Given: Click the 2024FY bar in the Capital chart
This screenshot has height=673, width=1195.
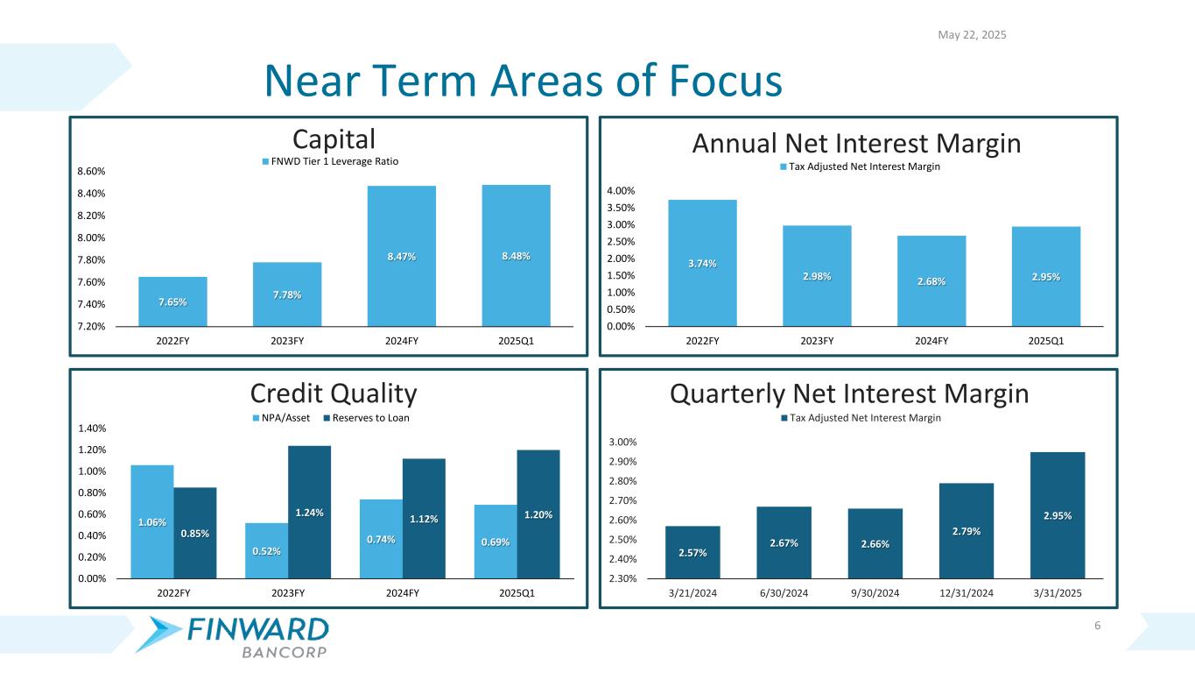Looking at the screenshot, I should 401,256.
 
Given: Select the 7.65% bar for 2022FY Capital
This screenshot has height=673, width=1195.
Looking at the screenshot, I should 172,301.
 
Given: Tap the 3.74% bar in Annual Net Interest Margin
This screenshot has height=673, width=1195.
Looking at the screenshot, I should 702,263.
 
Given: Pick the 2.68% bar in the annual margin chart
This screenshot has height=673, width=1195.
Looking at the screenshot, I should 931,280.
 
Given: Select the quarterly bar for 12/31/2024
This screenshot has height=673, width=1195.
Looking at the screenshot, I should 967,531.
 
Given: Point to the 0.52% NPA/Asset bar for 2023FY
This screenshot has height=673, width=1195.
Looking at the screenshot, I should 266,550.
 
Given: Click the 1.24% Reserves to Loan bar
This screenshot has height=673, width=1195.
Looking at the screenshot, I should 309,512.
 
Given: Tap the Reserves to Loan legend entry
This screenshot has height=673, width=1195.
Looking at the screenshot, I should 366,418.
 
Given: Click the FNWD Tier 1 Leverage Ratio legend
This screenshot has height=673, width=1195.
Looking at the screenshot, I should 330,161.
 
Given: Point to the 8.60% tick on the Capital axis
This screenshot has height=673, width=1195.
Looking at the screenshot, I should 90,171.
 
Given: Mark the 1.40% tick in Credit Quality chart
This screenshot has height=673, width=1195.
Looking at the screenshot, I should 90,429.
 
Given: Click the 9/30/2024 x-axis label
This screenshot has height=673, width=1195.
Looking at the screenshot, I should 875,593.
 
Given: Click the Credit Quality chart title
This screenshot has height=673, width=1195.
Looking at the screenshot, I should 334,393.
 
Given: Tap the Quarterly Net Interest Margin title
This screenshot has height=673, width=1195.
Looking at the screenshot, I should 848,393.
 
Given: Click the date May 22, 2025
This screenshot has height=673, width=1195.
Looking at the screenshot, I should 972,35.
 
